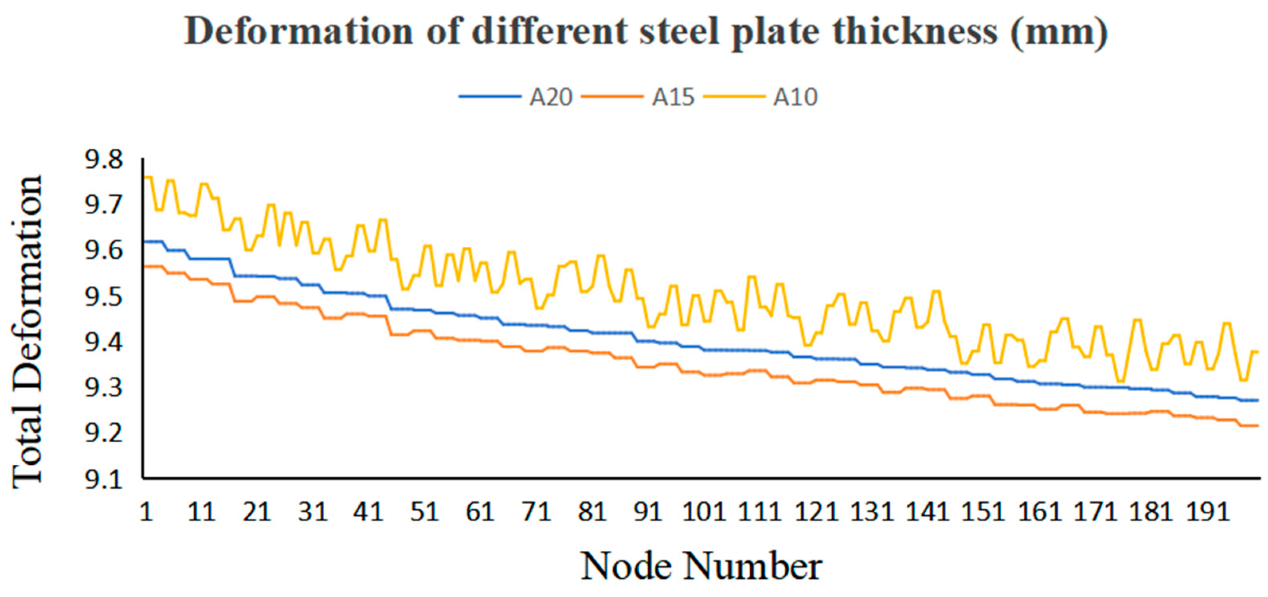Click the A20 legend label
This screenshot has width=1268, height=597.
[x=551, y=97]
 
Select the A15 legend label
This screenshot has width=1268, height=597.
[x=673, y=97]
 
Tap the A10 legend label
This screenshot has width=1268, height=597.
[x=795, y=97]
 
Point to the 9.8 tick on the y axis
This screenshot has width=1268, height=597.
[x=104, y=160]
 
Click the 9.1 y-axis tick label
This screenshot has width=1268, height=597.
[x=104, y=480]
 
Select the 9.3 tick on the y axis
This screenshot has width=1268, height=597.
[x=104, y=389]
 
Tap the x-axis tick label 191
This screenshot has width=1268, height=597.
[x=1207, y=512]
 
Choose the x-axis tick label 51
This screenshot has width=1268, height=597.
[x=424, y=512]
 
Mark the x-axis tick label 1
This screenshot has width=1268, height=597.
[x=146, y=512]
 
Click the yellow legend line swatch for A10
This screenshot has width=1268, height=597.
[x=734, y=96]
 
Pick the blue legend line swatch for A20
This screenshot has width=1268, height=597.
[x=490, y=96]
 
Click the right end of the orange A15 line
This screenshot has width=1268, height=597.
[x=1257, y=426]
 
